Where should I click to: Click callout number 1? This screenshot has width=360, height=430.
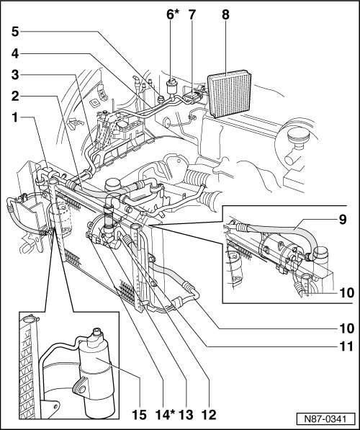click(x=15, y=117)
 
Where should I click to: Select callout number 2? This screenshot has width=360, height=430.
click(x=15, y=97)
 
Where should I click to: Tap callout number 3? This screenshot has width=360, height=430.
click(x=15, y=75)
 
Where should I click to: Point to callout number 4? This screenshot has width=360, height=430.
click(x=15, y=53)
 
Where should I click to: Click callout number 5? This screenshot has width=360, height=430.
click(x=15, y=32)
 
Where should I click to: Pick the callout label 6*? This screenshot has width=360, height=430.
click(x=173, y=14)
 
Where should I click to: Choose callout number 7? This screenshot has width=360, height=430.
click(x=192, y=14)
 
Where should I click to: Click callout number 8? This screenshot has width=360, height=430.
click(x=225, y=14)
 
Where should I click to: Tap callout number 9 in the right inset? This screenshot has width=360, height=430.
click(x=343, y=220)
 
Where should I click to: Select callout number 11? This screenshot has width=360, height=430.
click(x=346, y=346)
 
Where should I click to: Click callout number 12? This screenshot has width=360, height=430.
click(x=209, y=415)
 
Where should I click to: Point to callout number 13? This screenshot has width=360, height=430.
click(x=186, y=415)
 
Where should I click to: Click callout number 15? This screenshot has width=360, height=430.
click(x=139, y=415)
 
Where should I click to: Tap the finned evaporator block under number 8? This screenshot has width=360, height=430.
click(x=230, y=94)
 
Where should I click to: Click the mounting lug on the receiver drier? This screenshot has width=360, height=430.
click(x=81, y=387)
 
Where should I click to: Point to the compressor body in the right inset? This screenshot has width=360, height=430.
click(x=279, y=249)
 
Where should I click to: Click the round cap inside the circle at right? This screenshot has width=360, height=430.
click(x=298, y=136)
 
